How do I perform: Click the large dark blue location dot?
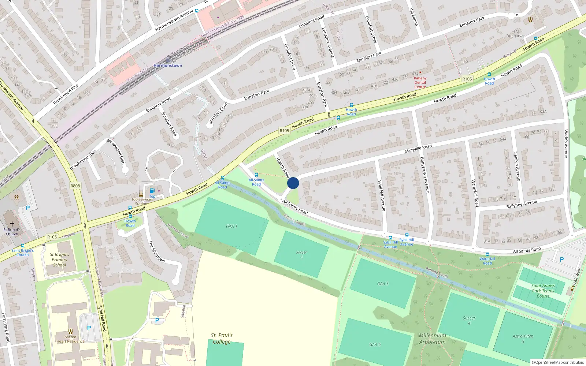[x=293, y=183]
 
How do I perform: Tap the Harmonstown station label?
[x=168, y=66]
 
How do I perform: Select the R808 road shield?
[x=75, y=186]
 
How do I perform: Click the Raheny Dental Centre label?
[x=420, y=82]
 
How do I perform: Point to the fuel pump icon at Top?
[x=152, y=191]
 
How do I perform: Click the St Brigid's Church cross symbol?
[x=12, y=224]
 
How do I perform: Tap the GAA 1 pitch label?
[x=231, y=226]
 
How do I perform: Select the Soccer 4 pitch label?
[x=469, y=320]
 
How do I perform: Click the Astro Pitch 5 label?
[x=523, y=339]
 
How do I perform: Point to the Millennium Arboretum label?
[x=433, y=339]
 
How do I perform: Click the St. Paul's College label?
[x=222, y=338]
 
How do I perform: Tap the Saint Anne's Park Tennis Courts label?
[x=543, y=291]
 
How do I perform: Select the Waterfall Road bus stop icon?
[x=487, y=254]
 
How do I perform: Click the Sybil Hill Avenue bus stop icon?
[x=390, y=238]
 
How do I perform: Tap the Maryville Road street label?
[x=418, y=149]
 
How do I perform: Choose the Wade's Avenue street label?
[x=566, y=143]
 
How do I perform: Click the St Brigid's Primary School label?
[x=59, y=259]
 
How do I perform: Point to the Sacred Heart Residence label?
[x=70, y=339]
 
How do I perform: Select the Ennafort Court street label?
[x=218, y=113]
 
